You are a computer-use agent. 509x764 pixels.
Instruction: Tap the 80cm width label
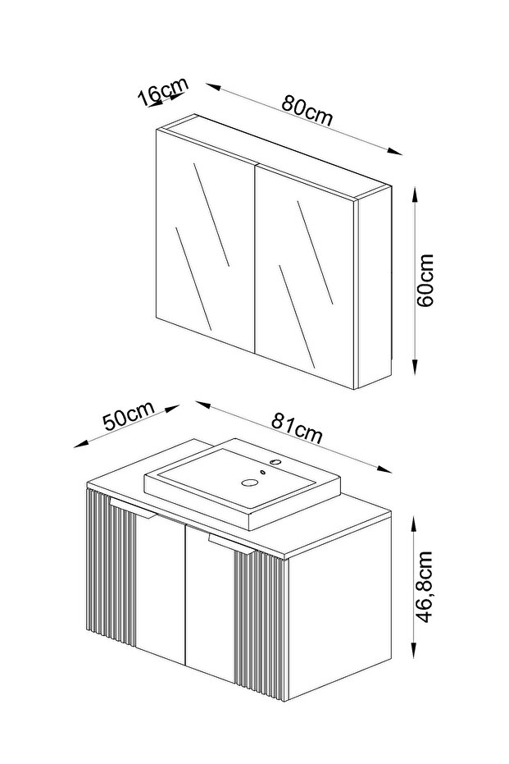point(307,111)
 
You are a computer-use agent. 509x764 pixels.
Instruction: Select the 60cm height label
point(425,280)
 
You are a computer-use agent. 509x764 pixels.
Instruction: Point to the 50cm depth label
point(129,414)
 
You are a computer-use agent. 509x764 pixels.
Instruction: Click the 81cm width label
point(297,428)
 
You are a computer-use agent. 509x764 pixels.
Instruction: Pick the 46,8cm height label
point(425,587)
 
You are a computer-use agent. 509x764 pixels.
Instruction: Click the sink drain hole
point(251,483)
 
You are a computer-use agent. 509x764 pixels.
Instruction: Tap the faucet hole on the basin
point(275,460)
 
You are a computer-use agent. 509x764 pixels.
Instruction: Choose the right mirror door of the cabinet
point(305,277)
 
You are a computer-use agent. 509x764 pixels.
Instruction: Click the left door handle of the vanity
point(132,508)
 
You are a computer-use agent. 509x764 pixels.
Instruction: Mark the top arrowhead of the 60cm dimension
point(414,195)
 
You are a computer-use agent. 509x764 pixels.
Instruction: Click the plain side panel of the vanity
point(340,606)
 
